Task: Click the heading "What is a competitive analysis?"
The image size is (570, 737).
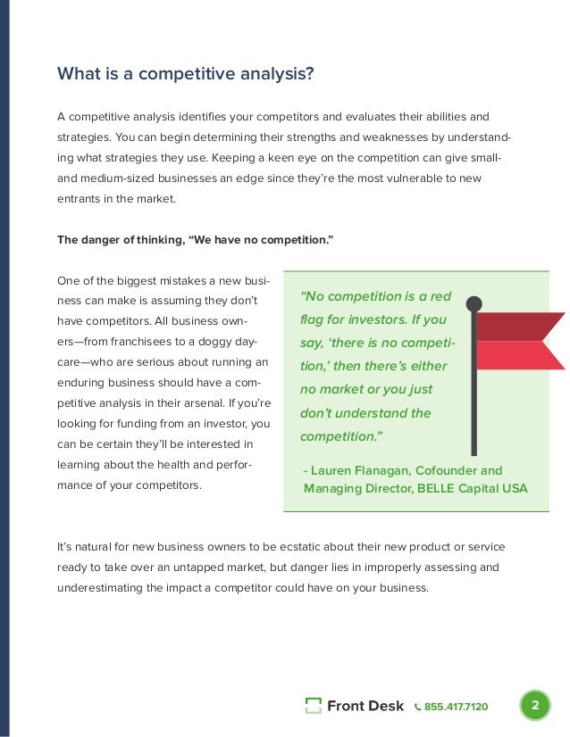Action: [x=185, y=73]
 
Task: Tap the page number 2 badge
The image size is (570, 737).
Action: [x=534, y=706]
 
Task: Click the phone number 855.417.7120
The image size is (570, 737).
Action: [x=456, y=707]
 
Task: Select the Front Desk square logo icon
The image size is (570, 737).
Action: [x=313, y=706]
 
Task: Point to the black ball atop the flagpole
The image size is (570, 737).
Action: [x=474, y=303]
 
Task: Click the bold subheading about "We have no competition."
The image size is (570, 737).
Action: [x=195, y=239]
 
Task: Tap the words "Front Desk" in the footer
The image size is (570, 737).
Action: [x=365, y=707]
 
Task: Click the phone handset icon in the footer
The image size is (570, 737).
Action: [x=418, y=707]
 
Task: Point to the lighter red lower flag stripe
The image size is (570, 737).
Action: [x=518, y=355]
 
